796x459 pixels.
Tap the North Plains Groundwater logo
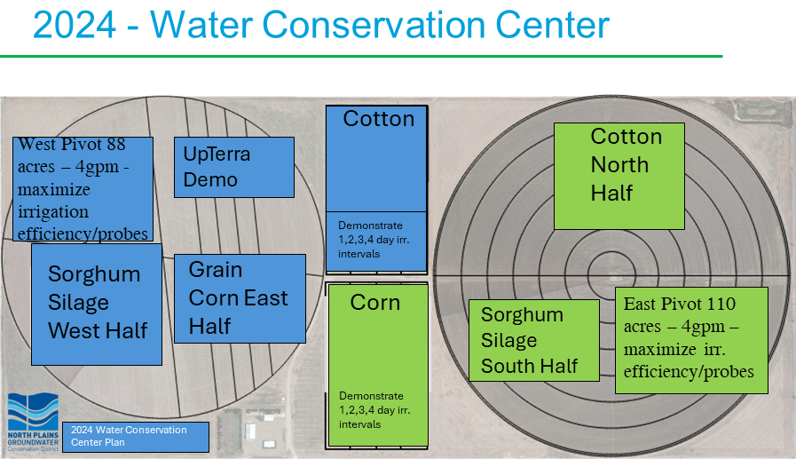33,423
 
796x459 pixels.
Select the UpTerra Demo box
234,167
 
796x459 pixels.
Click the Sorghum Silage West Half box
97,305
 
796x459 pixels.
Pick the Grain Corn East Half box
240,298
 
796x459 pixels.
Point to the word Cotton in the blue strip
379,119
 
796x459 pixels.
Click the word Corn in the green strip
375,303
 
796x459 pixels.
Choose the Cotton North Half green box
619,176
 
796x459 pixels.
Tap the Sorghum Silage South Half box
534,340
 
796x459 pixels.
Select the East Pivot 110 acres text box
691,340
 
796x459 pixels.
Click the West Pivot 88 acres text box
83,189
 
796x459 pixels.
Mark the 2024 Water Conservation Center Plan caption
136,437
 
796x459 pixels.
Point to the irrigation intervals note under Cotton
374,240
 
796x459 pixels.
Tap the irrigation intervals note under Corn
374,410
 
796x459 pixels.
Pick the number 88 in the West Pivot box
115,144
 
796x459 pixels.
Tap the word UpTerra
217,154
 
